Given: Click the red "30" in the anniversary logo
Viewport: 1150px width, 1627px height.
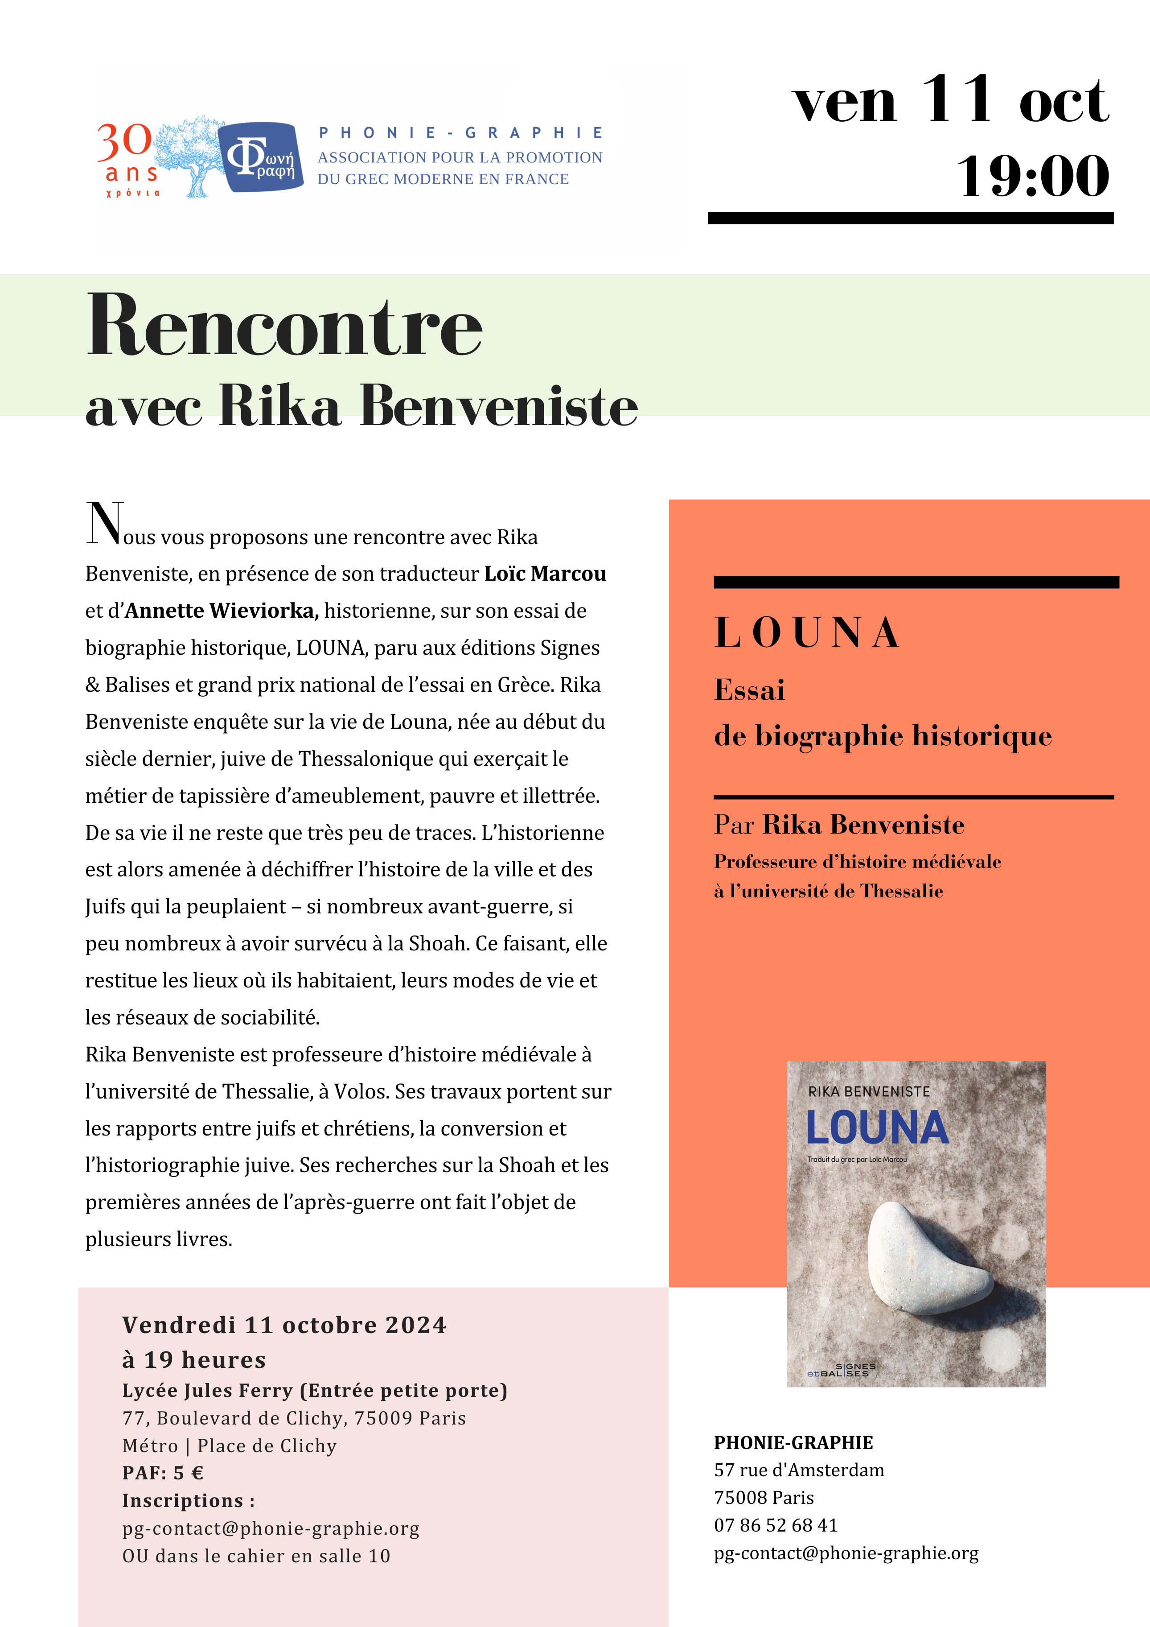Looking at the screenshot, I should click(x=125, y=141).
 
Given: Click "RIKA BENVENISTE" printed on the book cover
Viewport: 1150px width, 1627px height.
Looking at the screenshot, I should click(x=869, y=1091).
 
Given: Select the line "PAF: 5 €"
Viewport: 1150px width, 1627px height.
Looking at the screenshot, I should click(x=163, y=1473).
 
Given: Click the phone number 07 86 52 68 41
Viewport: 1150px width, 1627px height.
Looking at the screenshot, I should click(x=776, y=1525).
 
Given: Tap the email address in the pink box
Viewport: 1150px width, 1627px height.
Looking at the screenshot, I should click(x=271, y=1528).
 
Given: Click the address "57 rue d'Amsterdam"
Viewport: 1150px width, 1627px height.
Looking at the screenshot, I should click(x=799, y=1470).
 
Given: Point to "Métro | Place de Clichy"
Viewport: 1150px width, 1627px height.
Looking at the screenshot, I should click(x=230, y=1445).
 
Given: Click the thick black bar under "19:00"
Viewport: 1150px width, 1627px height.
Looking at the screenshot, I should click(x=911, y=218).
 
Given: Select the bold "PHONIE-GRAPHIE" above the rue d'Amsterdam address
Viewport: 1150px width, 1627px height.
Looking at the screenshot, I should click(x=793, y=1442).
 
